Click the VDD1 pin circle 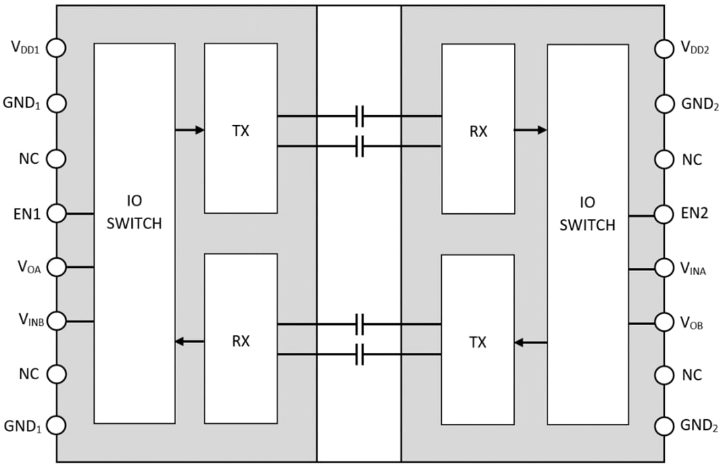tap(57, 48)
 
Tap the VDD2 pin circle tap(665, 48)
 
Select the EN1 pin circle tap(57, 213)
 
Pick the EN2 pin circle tap(665, 213)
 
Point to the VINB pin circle tap(57, 321)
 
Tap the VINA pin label tap(693, 269)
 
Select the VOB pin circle tap(665, 323)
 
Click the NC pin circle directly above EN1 tap(57, 159)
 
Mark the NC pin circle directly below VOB tap(665, 375)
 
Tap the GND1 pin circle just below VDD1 tap(57, 103)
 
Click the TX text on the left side tap(241, 131)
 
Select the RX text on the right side tap(478, 131)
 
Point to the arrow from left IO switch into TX tap(190, 130)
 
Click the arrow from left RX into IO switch tap(190, 341)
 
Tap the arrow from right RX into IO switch tap(530, 130)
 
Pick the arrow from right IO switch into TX tap(530, 342)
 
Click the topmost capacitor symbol tap(359, 116)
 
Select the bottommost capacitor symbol tap(359, 355)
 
